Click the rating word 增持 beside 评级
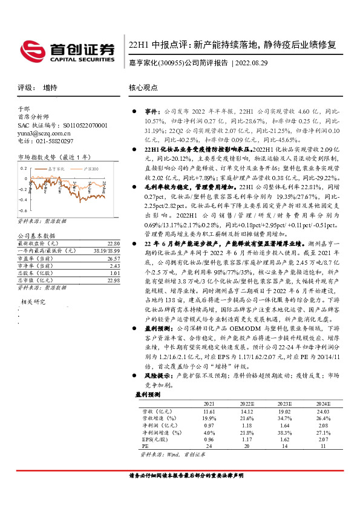coord(50,88)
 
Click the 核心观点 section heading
coord(144,88)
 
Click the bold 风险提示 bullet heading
coord(157,375)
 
